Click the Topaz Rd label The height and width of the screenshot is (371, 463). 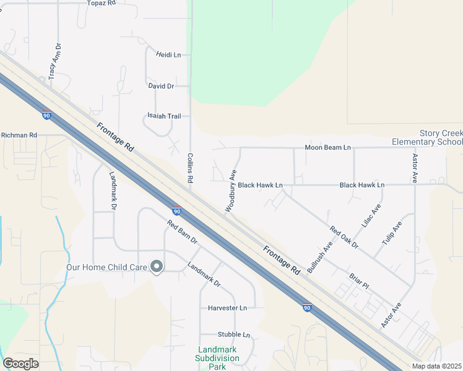click(x=102, y=3)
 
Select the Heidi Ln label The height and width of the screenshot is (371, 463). click(x=168, y=55)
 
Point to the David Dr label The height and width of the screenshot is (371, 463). click(x=161, y=86)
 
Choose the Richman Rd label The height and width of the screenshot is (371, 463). click(x=19, y=135)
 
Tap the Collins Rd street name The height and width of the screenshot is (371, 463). click(x=190, y=168)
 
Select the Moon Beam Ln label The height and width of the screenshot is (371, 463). click(x=327, y=148)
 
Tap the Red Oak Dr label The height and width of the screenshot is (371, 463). click(x=344, y=237)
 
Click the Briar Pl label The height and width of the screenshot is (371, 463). click(x=358, y=281)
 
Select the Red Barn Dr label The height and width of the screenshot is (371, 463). click(x=181, y=231)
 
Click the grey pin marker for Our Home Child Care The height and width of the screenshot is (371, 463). click(x=157, y=267)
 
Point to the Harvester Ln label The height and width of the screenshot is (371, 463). click(x=227, y=307)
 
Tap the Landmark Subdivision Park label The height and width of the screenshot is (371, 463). click(x=217, y=358)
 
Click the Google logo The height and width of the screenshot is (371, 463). click(x=20, y=364)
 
